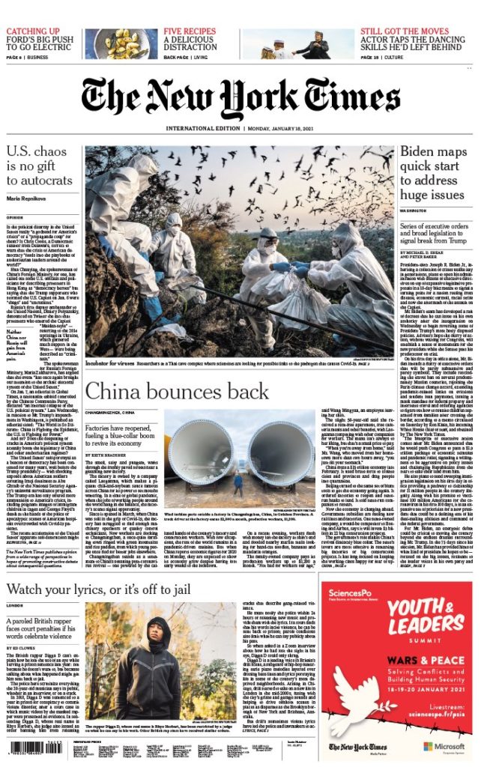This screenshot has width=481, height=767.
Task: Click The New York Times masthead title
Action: pyautogui.click(x=240, y=96)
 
